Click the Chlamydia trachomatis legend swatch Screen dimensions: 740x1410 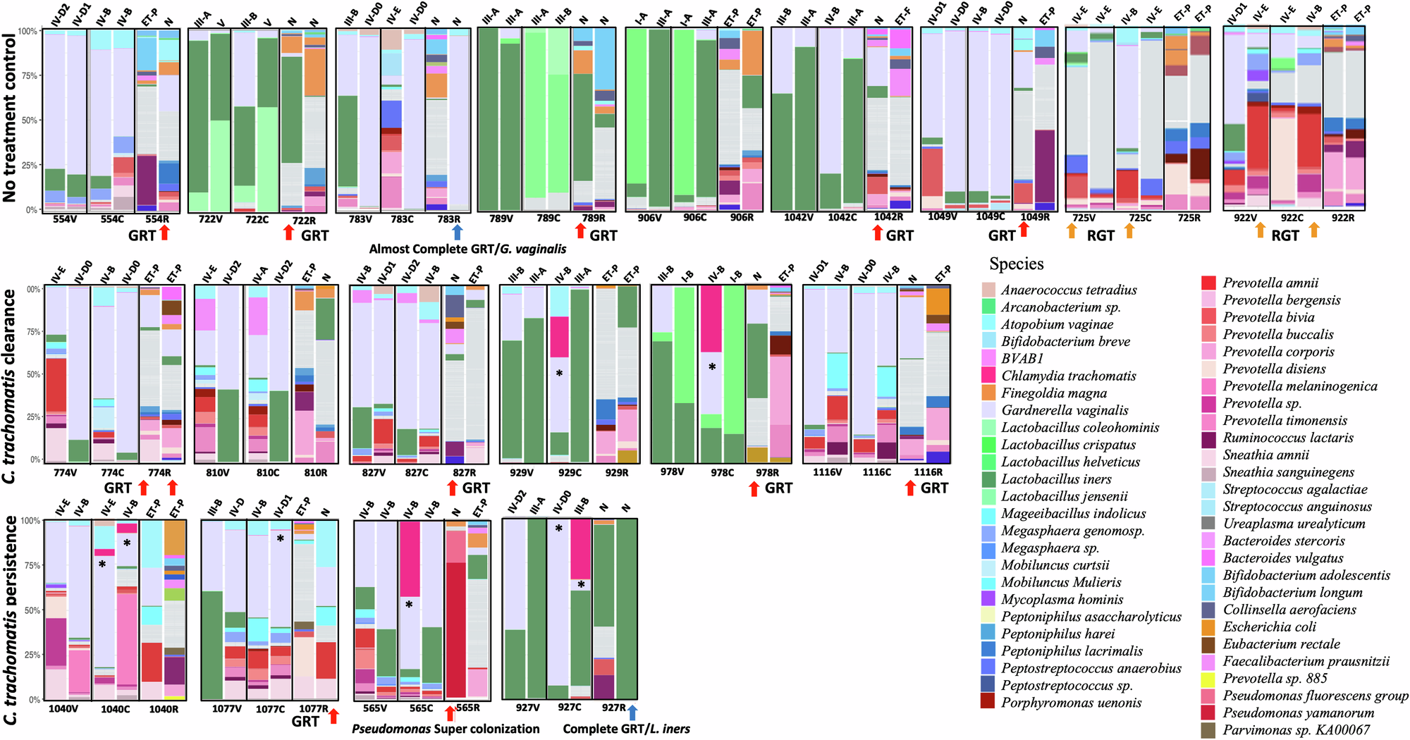988,376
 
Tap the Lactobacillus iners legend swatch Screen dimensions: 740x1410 988,479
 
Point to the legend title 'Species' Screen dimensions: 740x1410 1016,264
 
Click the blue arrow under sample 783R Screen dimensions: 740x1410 457,232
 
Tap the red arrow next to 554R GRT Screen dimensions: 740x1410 165,233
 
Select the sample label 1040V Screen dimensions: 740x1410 63,709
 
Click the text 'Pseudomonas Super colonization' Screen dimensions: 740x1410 446,729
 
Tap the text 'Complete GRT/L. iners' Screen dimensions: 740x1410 626,729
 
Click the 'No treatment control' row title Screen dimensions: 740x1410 10,118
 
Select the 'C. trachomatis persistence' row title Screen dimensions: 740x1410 10,620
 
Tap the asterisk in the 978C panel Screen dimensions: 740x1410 712,367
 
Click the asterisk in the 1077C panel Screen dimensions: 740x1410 280,539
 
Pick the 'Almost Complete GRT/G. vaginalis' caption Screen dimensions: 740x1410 467,249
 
